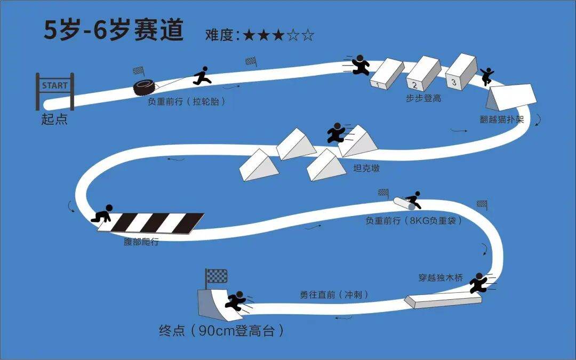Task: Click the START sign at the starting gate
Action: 55,85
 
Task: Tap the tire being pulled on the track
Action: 146,87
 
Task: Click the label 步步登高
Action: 423,99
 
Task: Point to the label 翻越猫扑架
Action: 502,120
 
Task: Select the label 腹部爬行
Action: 141,242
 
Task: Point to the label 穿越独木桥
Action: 441,278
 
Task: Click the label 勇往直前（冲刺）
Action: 334,294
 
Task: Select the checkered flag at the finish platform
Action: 217,276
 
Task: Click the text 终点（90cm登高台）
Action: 221,331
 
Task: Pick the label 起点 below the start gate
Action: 54,119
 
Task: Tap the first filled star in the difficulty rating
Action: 249,36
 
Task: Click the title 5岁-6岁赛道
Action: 113,30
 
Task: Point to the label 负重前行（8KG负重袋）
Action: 413,220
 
